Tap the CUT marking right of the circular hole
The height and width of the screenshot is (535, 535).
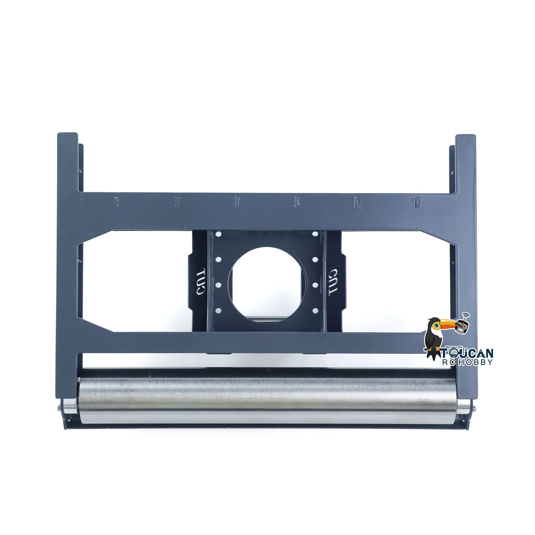click(x=333, y=282)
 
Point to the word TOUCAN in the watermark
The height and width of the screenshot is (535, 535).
click(x=468, y=353)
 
